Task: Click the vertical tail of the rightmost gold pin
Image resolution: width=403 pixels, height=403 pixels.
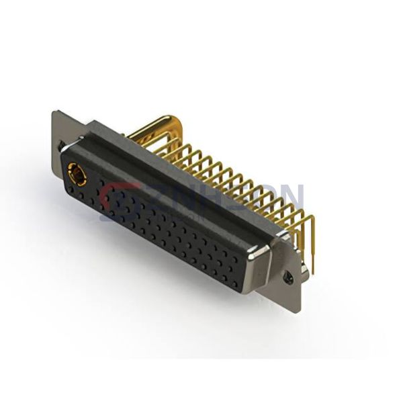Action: [x=311, y=242]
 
